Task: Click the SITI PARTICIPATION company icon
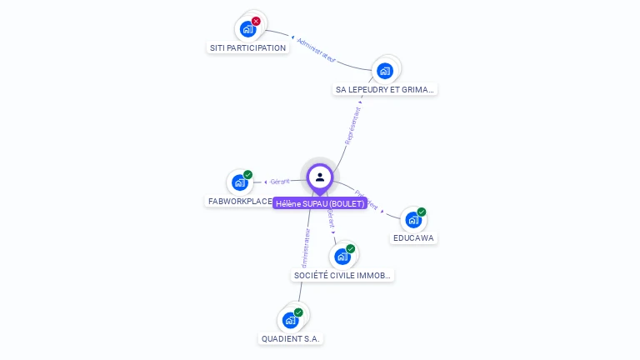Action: coord(247,29)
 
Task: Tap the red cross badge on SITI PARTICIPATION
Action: coord(256,22)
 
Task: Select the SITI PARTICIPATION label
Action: coord(247,47)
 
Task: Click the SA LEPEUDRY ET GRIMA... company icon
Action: coord(384,71)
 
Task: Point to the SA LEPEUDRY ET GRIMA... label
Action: coord(384,89)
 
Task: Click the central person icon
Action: coord(320,177)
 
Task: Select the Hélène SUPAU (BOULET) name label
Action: coord(320,203)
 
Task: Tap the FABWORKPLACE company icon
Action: coord(240,182)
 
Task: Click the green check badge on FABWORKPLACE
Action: coord(247,175)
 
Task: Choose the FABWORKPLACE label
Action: coord(239,201)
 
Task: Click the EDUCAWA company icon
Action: coord(413,220)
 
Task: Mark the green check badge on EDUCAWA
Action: coord(422,212)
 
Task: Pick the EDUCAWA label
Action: coord(413,238)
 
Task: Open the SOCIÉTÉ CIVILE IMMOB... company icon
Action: coord(342,257)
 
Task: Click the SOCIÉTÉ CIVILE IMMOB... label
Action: coord(342,275)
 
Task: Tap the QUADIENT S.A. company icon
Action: coord(290,320)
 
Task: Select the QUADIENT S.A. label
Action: coord(290,339)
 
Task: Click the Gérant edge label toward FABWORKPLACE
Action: coord(280,181)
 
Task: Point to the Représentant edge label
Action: coord(352,126)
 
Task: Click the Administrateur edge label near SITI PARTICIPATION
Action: coord(317,49)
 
